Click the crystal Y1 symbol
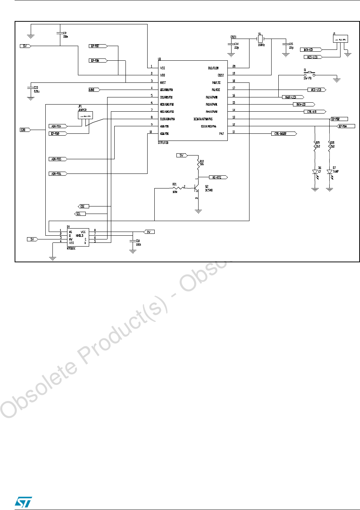(x=260, y=39)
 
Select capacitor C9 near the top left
(x=60, y=34)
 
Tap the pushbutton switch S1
(x=309, y=74)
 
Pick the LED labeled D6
(x=315, y=172)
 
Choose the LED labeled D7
(x=329, y=172)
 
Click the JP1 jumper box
(x=85, y=115)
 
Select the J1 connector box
(x=340, y=39)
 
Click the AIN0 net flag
(x=94, y=90)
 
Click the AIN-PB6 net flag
(x=58, y=173)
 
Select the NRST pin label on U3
(x=163, y=82)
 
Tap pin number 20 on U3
(x=234, y=66)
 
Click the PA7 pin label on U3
(x=221, y=134)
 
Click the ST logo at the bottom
(x=23, y=502)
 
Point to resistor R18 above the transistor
(x=198, y=164)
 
